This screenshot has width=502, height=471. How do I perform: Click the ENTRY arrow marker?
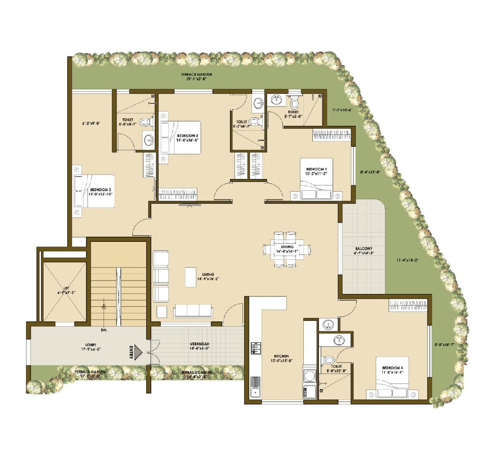[x=138, y=353]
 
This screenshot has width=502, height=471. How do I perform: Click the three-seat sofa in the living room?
[x=192, y=311]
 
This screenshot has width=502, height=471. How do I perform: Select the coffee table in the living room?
[x=191, y=276]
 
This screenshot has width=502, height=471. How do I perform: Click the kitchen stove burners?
[x=256, y=349]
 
